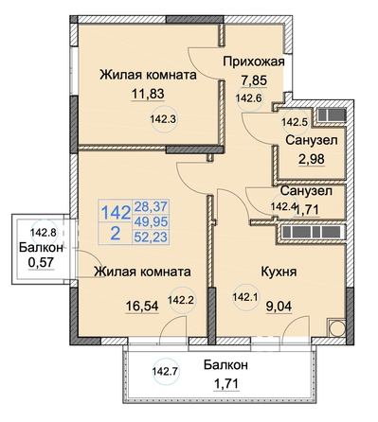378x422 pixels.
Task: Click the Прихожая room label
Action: pyautogui.click(x=254, y=62)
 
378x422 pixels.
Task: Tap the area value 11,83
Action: pyautogui.click(x=148, y=94)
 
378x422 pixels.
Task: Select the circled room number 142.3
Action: pyautogui.click(x=165, y=119)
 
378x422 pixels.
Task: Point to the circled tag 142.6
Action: pyautogui.click(x=249, y=98)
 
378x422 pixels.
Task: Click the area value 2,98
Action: pyautogui.click(x=312, y=159)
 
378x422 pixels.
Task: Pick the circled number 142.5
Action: pyautogui.click(x=295, y=122)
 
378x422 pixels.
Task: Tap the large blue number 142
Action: pyautogui.click(x=116, y=212)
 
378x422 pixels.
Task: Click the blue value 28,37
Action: pyautogui.click(x=151, y=207)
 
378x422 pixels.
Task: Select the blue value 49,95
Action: pyautogui.click(x=151, y=222)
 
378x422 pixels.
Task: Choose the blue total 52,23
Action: pyautogui.click(x=151, y=237)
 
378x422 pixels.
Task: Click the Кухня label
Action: pyautogui.click(x=279, y=272)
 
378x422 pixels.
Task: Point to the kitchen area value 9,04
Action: pyautogui.click(x=279, y=307)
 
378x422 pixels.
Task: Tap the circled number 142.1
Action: pyautogui.click(x=245, y=297)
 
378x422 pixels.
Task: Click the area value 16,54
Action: pyautogui.click(x=142, y=306)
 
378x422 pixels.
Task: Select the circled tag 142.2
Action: pyautogui.click(x=182, y=300)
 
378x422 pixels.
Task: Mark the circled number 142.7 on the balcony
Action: pyautogui.click(x=166, y=372)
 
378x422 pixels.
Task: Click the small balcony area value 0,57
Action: pyautogui.click(x=42, y=262)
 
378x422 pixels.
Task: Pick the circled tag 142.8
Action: pyautogui.click(x=44, y=233)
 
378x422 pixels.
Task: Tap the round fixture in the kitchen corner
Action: pyautogui.click(x=336, y=328)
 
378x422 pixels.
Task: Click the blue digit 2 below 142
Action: pyautogui.click(x=115, y=234)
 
